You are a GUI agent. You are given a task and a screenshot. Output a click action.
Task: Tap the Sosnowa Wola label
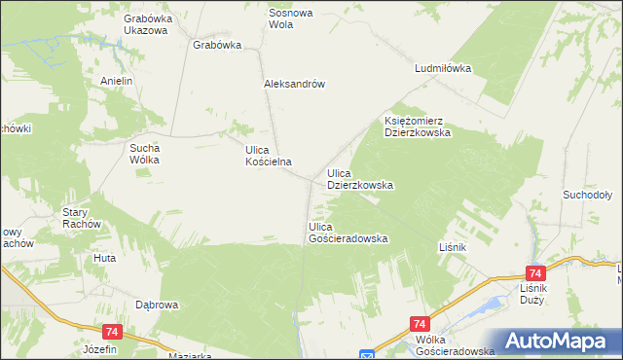click(x=294, y=18)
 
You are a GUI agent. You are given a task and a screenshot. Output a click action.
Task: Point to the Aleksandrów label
click(x=293, y=84)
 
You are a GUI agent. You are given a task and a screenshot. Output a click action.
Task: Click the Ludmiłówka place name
click(x=442, y=69)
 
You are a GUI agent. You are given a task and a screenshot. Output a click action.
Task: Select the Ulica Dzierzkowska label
click(x=359, y=178)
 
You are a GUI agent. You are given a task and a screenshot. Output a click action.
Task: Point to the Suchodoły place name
click(x=586, y=195)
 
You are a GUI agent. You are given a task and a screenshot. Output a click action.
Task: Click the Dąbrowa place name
click(x=157, y=305)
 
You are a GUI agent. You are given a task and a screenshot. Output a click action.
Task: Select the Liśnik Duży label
click(x=533, y=295)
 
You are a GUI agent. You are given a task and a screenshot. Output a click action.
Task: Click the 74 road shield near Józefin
click(x=110, y=332)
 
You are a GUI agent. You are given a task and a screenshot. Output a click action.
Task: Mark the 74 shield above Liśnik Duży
click(x=533, y=274)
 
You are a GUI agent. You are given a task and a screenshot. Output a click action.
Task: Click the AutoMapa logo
click(x=555, y=341)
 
